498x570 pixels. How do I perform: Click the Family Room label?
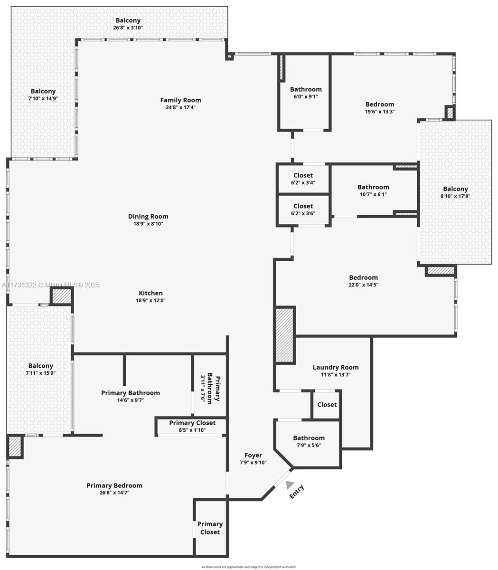pos(180,100)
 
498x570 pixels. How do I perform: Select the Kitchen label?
pos(150,293)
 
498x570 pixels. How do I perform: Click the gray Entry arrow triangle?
pos(289,484)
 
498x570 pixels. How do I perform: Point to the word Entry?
pos(297,492)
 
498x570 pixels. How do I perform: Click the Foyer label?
pos(253,455)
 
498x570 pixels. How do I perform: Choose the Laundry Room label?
pos(335,367)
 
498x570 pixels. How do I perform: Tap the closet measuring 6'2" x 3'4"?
pos(303,179)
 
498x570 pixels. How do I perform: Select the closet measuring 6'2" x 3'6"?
pos(303,209)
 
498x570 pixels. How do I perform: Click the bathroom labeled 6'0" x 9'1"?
pos(306,93)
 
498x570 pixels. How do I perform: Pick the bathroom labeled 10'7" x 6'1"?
pos(373,190)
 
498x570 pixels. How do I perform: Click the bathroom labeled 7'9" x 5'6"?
pos(309,441)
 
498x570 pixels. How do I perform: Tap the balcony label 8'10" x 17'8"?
pos(455,192)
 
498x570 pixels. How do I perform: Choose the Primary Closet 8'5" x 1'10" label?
pos(192,426)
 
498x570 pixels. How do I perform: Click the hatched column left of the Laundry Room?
pos(285,335)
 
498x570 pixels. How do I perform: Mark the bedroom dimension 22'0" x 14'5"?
pos(363,285)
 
